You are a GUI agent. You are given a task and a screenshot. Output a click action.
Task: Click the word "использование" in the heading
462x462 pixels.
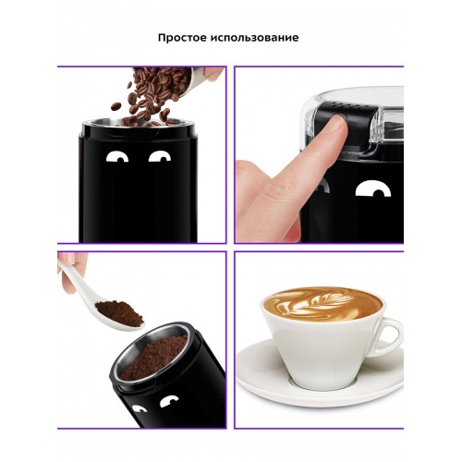pos(255,39)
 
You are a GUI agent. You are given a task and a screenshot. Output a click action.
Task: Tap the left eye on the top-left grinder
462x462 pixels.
pos(117,156)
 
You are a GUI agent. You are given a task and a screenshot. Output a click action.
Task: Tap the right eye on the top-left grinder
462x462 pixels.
pos(160,156)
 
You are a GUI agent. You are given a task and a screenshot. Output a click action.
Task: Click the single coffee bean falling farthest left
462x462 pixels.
pos(115,106)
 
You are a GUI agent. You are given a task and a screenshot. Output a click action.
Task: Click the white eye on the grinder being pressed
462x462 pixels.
pos(373,188)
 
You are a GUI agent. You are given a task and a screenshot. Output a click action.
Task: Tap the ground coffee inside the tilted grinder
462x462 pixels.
pos(153,358)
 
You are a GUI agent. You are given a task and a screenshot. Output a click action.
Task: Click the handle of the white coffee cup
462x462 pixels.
pos(389,337)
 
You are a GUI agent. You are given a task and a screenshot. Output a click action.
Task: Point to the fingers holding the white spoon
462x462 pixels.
pos(70,269)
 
